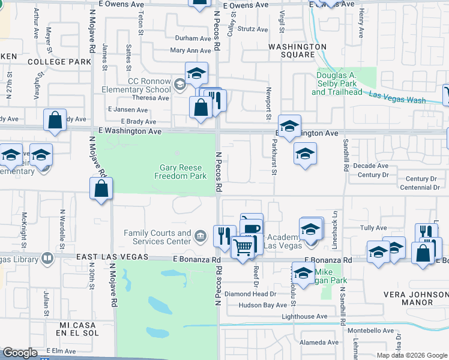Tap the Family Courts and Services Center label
pyautogui.click(x=157, y=237)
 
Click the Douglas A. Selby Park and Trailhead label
pyautogui.click(x=337, y=83)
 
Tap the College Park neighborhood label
pyautogui.click(x=59, y=62)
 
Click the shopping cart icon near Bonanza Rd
pyautogui.click(x=243, y=247)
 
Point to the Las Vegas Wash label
pyautogui.click(x=397, y=97)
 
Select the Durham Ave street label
pyautogui.click(x=193, y=38)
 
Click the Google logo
pyautogui.click(x=20, y=353)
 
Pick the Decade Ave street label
pyautogui.click(x=370, y=166)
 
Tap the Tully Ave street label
pyautogui.click(x=373, y=228)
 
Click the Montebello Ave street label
pyautogui.click(x=372, y=331)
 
